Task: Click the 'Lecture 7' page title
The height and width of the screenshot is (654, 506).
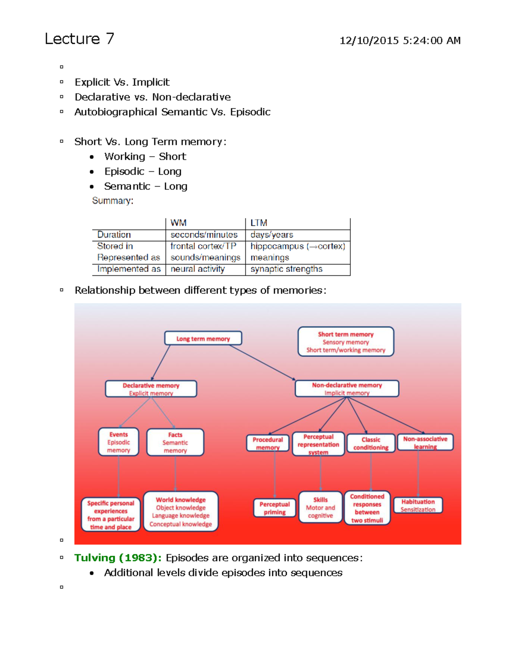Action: coord(79,39)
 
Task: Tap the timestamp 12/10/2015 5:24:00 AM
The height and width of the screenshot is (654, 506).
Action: coord(400,40)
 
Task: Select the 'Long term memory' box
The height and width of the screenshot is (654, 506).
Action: coord(203,338)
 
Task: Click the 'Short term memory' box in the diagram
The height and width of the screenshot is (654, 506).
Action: coord(346,342)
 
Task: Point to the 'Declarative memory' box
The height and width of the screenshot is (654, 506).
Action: coord(151,389)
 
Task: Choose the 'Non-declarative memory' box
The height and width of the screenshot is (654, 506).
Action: coord(347,388)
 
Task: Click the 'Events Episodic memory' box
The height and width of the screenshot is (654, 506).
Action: coord(118,442)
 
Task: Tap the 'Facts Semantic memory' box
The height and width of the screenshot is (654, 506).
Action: coord(175,442)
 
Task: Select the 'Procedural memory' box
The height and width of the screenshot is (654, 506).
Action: coord(268,443)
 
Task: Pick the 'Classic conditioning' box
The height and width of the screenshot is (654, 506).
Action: coord(371,443)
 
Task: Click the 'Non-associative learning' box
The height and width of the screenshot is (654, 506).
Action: coord(425,442)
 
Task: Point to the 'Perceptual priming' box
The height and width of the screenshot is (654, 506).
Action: coord(275,508)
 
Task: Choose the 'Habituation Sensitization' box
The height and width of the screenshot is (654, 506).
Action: coord(418,505)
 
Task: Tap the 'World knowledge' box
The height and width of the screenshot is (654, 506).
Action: coord(180,511)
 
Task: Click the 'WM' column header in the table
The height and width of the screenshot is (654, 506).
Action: coord(178,223)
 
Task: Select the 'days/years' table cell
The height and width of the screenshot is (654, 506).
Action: coord(272,235)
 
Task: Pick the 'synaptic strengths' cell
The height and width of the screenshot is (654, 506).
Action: coord(286,269)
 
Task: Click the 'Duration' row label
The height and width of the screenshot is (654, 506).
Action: coord(114,235)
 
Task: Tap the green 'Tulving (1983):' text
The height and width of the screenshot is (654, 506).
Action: coord(118,558)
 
